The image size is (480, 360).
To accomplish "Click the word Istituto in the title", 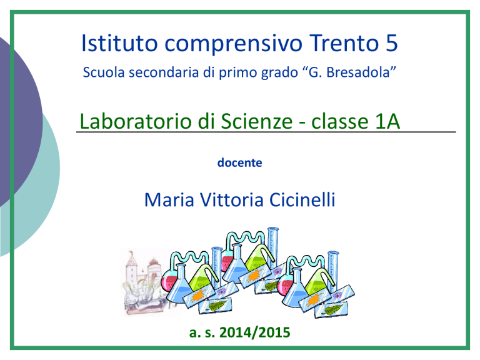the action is click(119, 43).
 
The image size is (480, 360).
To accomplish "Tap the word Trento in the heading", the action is click(344, 43).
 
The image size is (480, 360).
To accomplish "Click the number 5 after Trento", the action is click(391, 43).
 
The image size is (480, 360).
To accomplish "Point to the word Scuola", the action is click(104, 72).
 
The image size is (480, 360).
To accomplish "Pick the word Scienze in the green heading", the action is click(256, 121).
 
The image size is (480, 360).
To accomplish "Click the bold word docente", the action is click(240, 162).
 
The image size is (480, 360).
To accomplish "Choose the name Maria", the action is click(169, 200).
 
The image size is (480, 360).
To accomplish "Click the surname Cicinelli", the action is click(302, 200).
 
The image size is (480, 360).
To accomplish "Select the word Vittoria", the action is click(232, 200).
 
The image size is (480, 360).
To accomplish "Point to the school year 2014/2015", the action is click(255, 332).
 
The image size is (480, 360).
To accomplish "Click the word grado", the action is click(279, 73).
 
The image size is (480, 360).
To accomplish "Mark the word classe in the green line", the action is click(339, 121).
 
